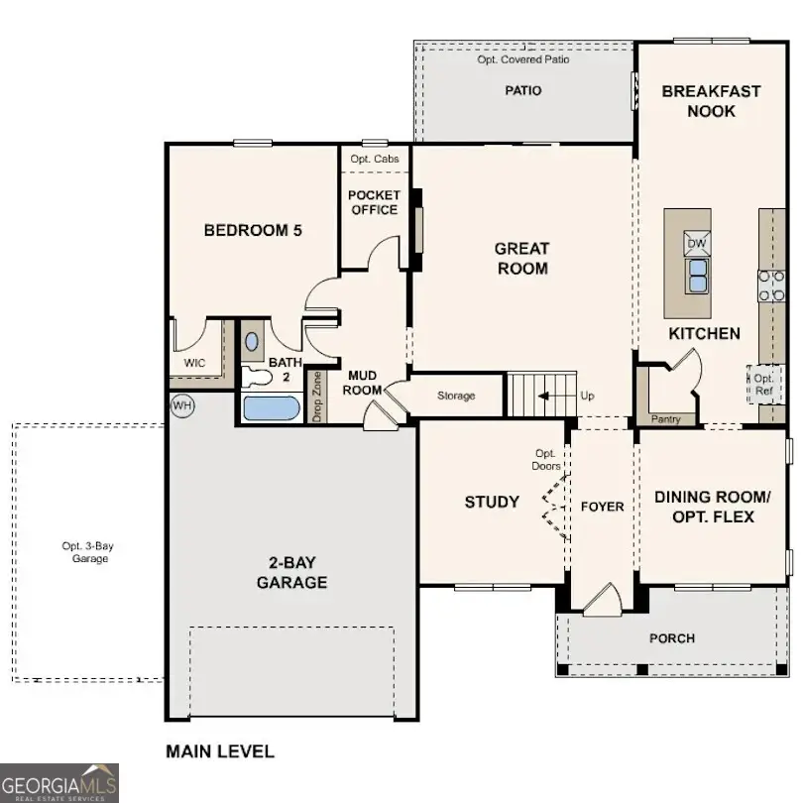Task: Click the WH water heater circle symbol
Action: click(182, 404)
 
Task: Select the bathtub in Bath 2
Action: click(270, 408)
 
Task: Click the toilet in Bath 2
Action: click(256, 375)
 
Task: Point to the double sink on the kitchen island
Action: click(697, 274)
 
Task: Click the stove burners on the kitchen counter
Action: click(772, 286)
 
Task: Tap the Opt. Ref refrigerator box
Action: click(763, 384)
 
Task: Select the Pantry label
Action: click(666, 419)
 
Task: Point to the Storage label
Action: click(456, 396)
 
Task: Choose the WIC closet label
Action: click(194, 363)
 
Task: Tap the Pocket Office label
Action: click(374, 202)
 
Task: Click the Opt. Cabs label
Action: click(375, 159)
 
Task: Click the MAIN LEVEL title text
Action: click(219, 751)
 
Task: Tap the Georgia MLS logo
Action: click(59, 782)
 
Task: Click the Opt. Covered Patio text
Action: click(523, 59)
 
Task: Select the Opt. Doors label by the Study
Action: click(547, 459)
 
